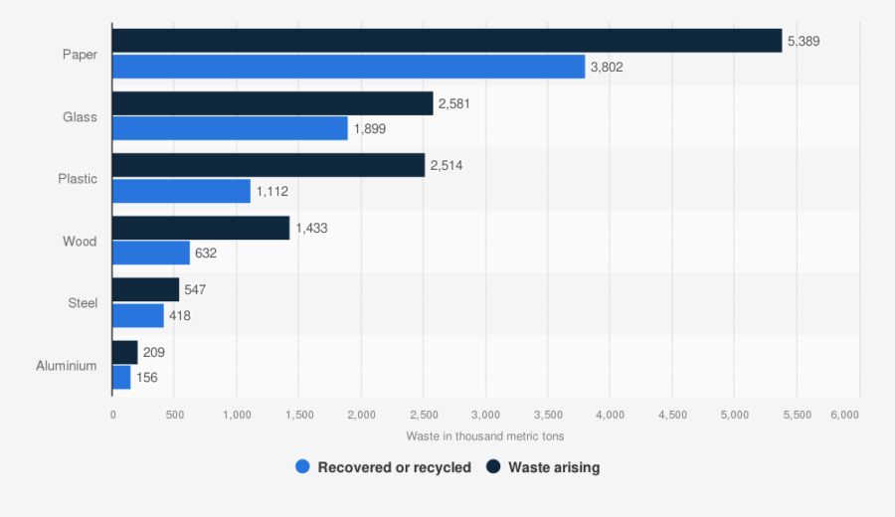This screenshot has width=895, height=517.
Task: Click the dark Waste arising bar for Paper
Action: (447, 41)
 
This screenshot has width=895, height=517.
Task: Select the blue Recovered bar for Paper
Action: (348, 67)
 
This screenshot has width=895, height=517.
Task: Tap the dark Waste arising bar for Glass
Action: (272, 103)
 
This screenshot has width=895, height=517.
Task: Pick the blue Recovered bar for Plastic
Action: (181, 191)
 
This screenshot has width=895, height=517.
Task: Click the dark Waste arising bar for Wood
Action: (201, 228)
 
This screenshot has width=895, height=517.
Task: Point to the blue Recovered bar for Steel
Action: (138, 315)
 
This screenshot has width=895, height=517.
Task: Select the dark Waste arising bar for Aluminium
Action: (125, 352)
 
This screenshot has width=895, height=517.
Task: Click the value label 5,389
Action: (804, 42)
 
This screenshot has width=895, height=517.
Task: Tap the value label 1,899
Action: (369, 129)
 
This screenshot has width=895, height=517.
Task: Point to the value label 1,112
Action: (271, 191)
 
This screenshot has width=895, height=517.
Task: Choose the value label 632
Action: (206, 254)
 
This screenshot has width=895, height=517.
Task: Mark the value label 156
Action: (147, 378)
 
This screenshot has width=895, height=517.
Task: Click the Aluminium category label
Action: (67, 365)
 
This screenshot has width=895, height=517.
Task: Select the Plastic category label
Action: (78, 179)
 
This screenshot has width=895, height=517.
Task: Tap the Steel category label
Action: (83, 303)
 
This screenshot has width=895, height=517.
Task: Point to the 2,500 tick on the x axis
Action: (424, 414)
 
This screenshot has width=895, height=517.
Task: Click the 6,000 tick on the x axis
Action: (844, 414)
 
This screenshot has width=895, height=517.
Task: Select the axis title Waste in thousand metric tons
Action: (484, 435)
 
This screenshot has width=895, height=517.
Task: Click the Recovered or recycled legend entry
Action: (384, 467)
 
